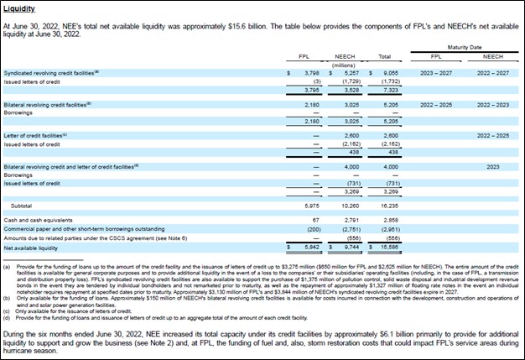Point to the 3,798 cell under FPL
[x=310, y=73]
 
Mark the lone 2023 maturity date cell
[x=493, y=166]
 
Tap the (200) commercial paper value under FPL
[x=311, y=229]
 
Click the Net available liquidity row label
[x=31, y=248]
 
